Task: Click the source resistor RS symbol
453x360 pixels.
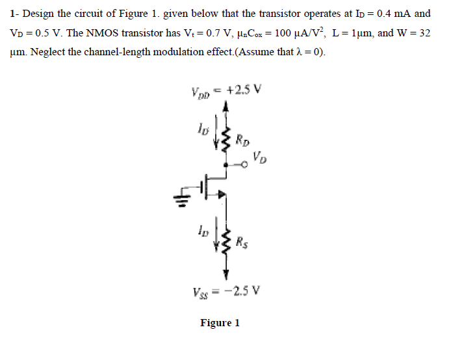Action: pos(226,244)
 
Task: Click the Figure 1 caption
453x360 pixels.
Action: pos(220,323)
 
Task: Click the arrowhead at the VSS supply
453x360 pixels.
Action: pos(226,274)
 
